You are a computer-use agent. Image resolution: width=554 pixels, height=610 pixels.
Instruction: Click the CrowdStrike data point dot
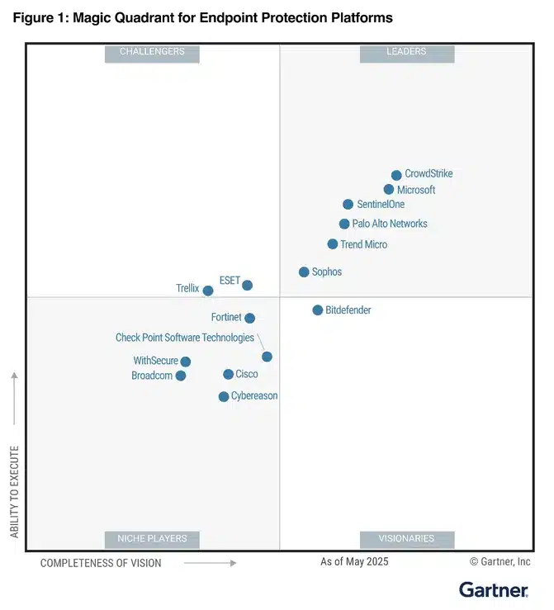(x=396, y=175)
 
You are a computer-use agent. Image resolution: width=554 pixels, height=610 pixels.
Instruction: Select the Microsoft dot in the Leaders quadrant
(x=388, y=190)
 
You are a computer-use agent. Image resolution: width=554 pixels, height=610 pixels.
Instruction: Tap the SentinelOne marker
(x=348, y=204)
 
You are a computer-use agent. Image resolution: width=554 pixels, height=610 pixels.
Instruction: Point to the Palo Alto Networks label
(x=390, y=224)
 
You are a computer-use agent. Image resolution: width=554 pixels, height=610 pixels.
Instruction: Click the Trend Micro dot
(x=332, y=244)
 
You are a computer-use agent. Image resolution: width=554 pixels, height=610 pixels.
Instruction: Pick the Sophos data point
(x=304, y=272)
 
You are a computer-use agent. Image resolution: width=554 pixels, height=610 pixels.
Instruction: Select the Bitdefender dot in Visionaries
(x=318, y=310)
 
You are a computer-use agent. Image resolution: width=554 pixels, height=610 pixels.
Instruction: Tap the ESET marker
(x=247, y=285)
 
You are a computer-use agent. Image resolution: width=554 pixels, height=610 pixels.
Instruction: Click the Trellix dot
(x=208, y=291)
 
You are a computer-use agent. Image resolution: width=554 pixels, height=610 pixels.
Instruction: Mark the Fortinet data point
(x=250, y=319)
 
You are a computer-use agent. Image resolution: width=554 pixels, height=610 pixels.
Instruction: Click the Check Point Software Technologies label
(x=185, y=338)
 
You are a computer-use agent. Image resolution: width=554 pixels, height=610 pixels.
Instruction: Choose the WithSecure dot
(x=186, y=362)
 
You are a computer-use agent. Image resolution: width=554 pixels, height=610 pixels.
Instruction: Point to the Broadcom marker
(x=181, y=376)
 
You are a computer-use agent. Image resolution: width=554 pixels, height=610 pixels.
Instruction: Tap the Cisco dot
(x=229, y=374)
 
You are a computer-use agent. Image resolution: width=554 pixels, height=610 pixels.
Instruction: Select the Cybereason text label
(x=254, y=395)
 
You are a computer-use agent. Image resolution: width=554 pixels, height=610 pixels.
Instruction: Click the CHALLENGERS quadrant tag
(x=152, y=54)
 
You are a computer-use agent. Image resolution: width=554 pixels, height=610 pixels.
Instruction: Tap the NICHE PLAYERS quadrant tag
(x=152, y=539)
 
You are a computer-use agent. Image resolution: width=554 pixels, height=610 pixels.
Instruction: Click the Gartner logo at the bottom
(x=494, y=590)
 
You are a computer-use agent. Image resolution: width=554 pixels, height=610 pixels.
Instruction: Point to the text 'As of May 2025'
(x=354, y=561)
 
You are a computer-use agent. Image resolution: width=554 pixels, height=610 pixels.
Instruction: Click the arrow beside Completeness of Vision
(x=210, y=563)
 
